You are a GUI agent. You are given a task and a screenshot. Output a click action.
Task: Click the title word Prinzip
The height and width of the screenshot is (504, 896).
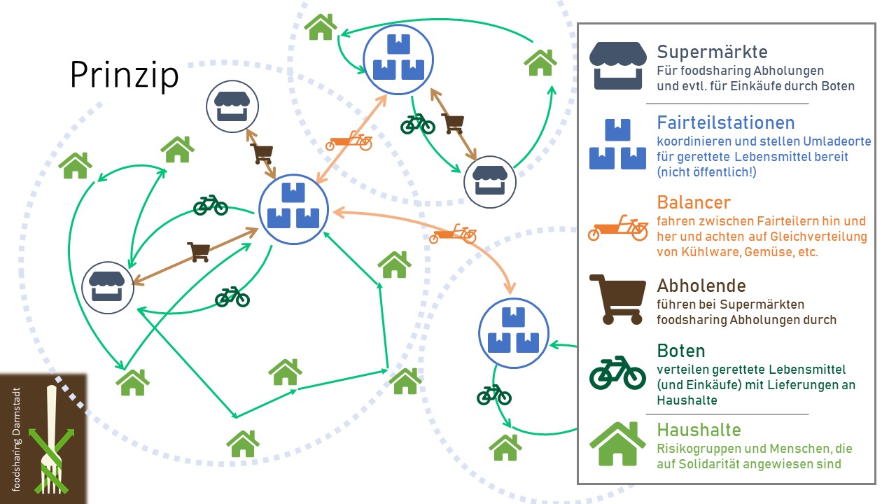[x=124, y=75]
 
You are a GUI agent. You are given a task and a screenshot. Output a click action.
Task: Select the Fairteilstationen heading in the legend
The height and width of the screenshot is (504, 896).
[x=726, y=122]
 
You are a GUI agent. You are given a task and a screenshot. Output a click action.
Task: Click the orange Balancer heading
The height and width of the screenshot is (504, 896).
[x=694, y=202]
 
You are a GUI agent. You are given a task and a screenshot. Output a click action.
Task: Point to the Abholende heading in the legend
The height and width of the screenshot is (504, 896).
[x=701, y=286]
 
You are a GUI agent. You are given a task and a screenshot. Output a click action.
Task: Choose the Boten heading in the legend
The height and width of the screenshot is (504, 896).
[x=681, y=351]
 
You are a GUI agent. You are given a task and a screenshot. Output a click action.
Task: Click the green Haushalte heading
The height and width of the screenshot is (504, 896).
[x=699, y=430]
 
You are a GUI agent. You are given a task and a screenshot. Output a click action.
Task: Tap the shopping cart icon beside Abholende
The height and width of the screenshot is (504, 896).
[x=617, y=300]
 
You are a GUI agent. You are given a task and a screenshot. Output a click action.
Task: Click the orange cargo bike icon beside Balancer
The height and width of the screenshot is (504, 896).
[x=618, y=228]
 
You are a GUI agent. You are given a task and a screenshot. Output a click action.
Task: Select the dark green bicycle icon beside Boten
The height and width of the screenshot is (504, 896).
[x=617, y=372]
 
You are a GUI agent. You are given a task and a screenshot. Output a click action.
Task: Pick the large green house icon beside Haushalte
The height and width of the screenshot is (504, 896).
[x=617, y=444]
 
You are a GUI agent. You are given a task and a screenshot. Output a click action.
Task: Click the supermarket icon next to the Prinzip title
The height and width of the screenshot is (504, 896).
[x=232, y=106]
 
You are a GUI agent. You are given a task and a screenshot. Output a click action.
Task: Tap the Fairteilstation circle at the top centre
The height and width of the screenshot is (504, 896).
[x=398, y=59]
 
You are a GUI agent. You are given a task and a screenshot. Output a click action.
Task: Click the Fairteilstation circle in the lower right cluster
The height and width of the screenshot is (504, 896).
[x=514, y=332]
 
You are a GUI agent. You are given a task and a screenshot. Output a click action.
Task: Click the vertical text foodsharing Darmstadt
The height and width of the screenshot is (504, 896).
[x=16, y=439]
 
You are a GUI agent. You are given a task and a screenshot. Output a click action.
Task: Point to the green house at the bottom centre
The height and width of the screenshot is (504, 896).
[x=243, y=444]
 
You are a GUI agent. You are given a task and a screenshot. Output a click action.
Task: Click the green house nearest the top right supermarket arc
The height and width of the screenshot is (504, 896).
[x=540, y=62]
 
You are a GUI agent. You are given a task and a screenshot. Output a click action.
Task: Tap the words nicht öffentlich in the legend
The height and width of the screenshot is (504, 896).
[x=707, y=172]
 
